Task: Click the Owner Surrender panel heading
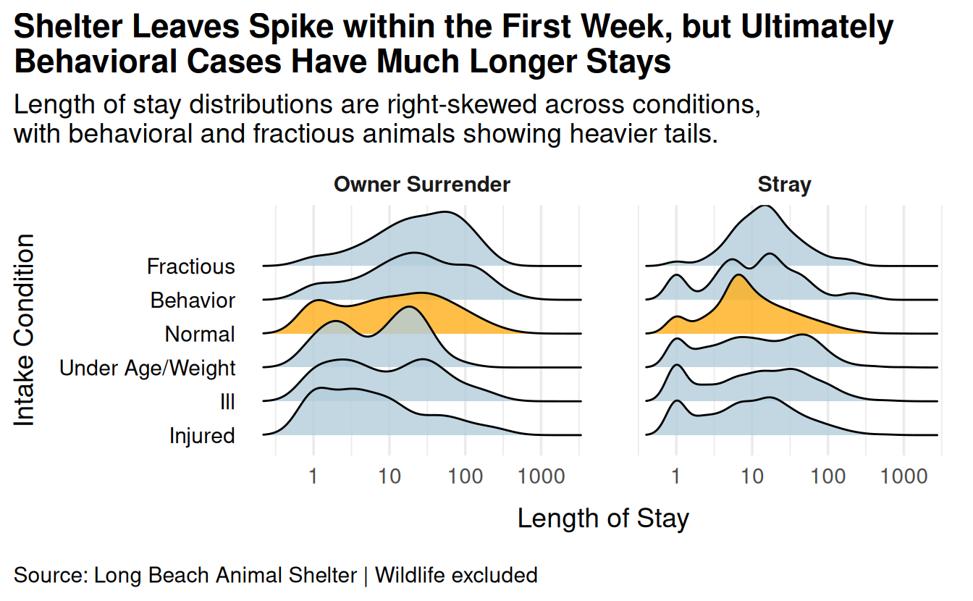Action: coord(422,184)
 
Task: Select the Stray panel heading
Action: coord(785,185)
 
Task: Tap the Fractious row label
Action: coord(190,266)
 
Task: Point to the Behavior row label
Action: coord(193,300)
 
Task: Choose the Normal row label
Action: coord(200,335)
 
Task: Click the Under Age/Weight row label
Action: coord(147,368)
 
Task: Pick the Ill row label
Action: coord(227,402)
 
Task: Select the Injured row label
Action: coord(202,436)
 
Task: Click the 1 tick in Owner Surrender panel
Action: coord(313,476)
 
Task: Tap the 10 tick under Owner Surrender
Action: coord(389,476)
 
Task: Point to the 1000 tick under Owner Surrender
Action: coord(542,476)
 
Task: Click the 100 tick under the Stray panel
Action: coord(828,476)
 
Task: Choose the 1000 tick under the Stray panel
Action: coord(904,476)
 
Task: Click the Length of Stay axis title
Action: coord(603,518)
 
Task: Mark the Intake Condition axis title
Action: coord(24,329)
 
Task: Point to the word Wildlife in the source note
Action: coord(410,575)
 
